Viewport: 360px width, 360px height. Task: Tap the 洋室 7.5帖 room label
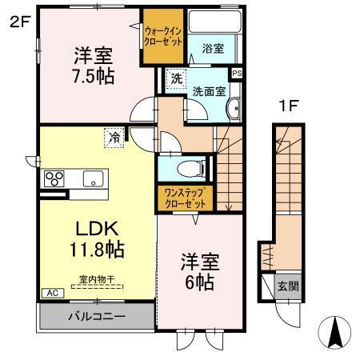click(x=94, y=66)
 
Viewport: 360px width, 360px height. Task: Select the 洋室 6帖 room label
click(x=199, y=271)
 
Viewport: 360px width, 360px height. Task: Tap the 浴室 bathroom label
click(x=212, y=49)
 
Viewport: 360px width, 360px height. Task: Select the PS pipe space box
click(x=235, y=74)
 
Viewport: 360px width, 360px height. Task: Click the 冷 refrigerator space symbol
click(x=114, y=138)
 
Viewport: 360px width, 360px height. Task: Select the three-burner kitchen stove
click(x=54, y=178)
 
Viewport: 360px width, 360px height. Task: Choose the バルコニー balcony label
click(x=96, y=316)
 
